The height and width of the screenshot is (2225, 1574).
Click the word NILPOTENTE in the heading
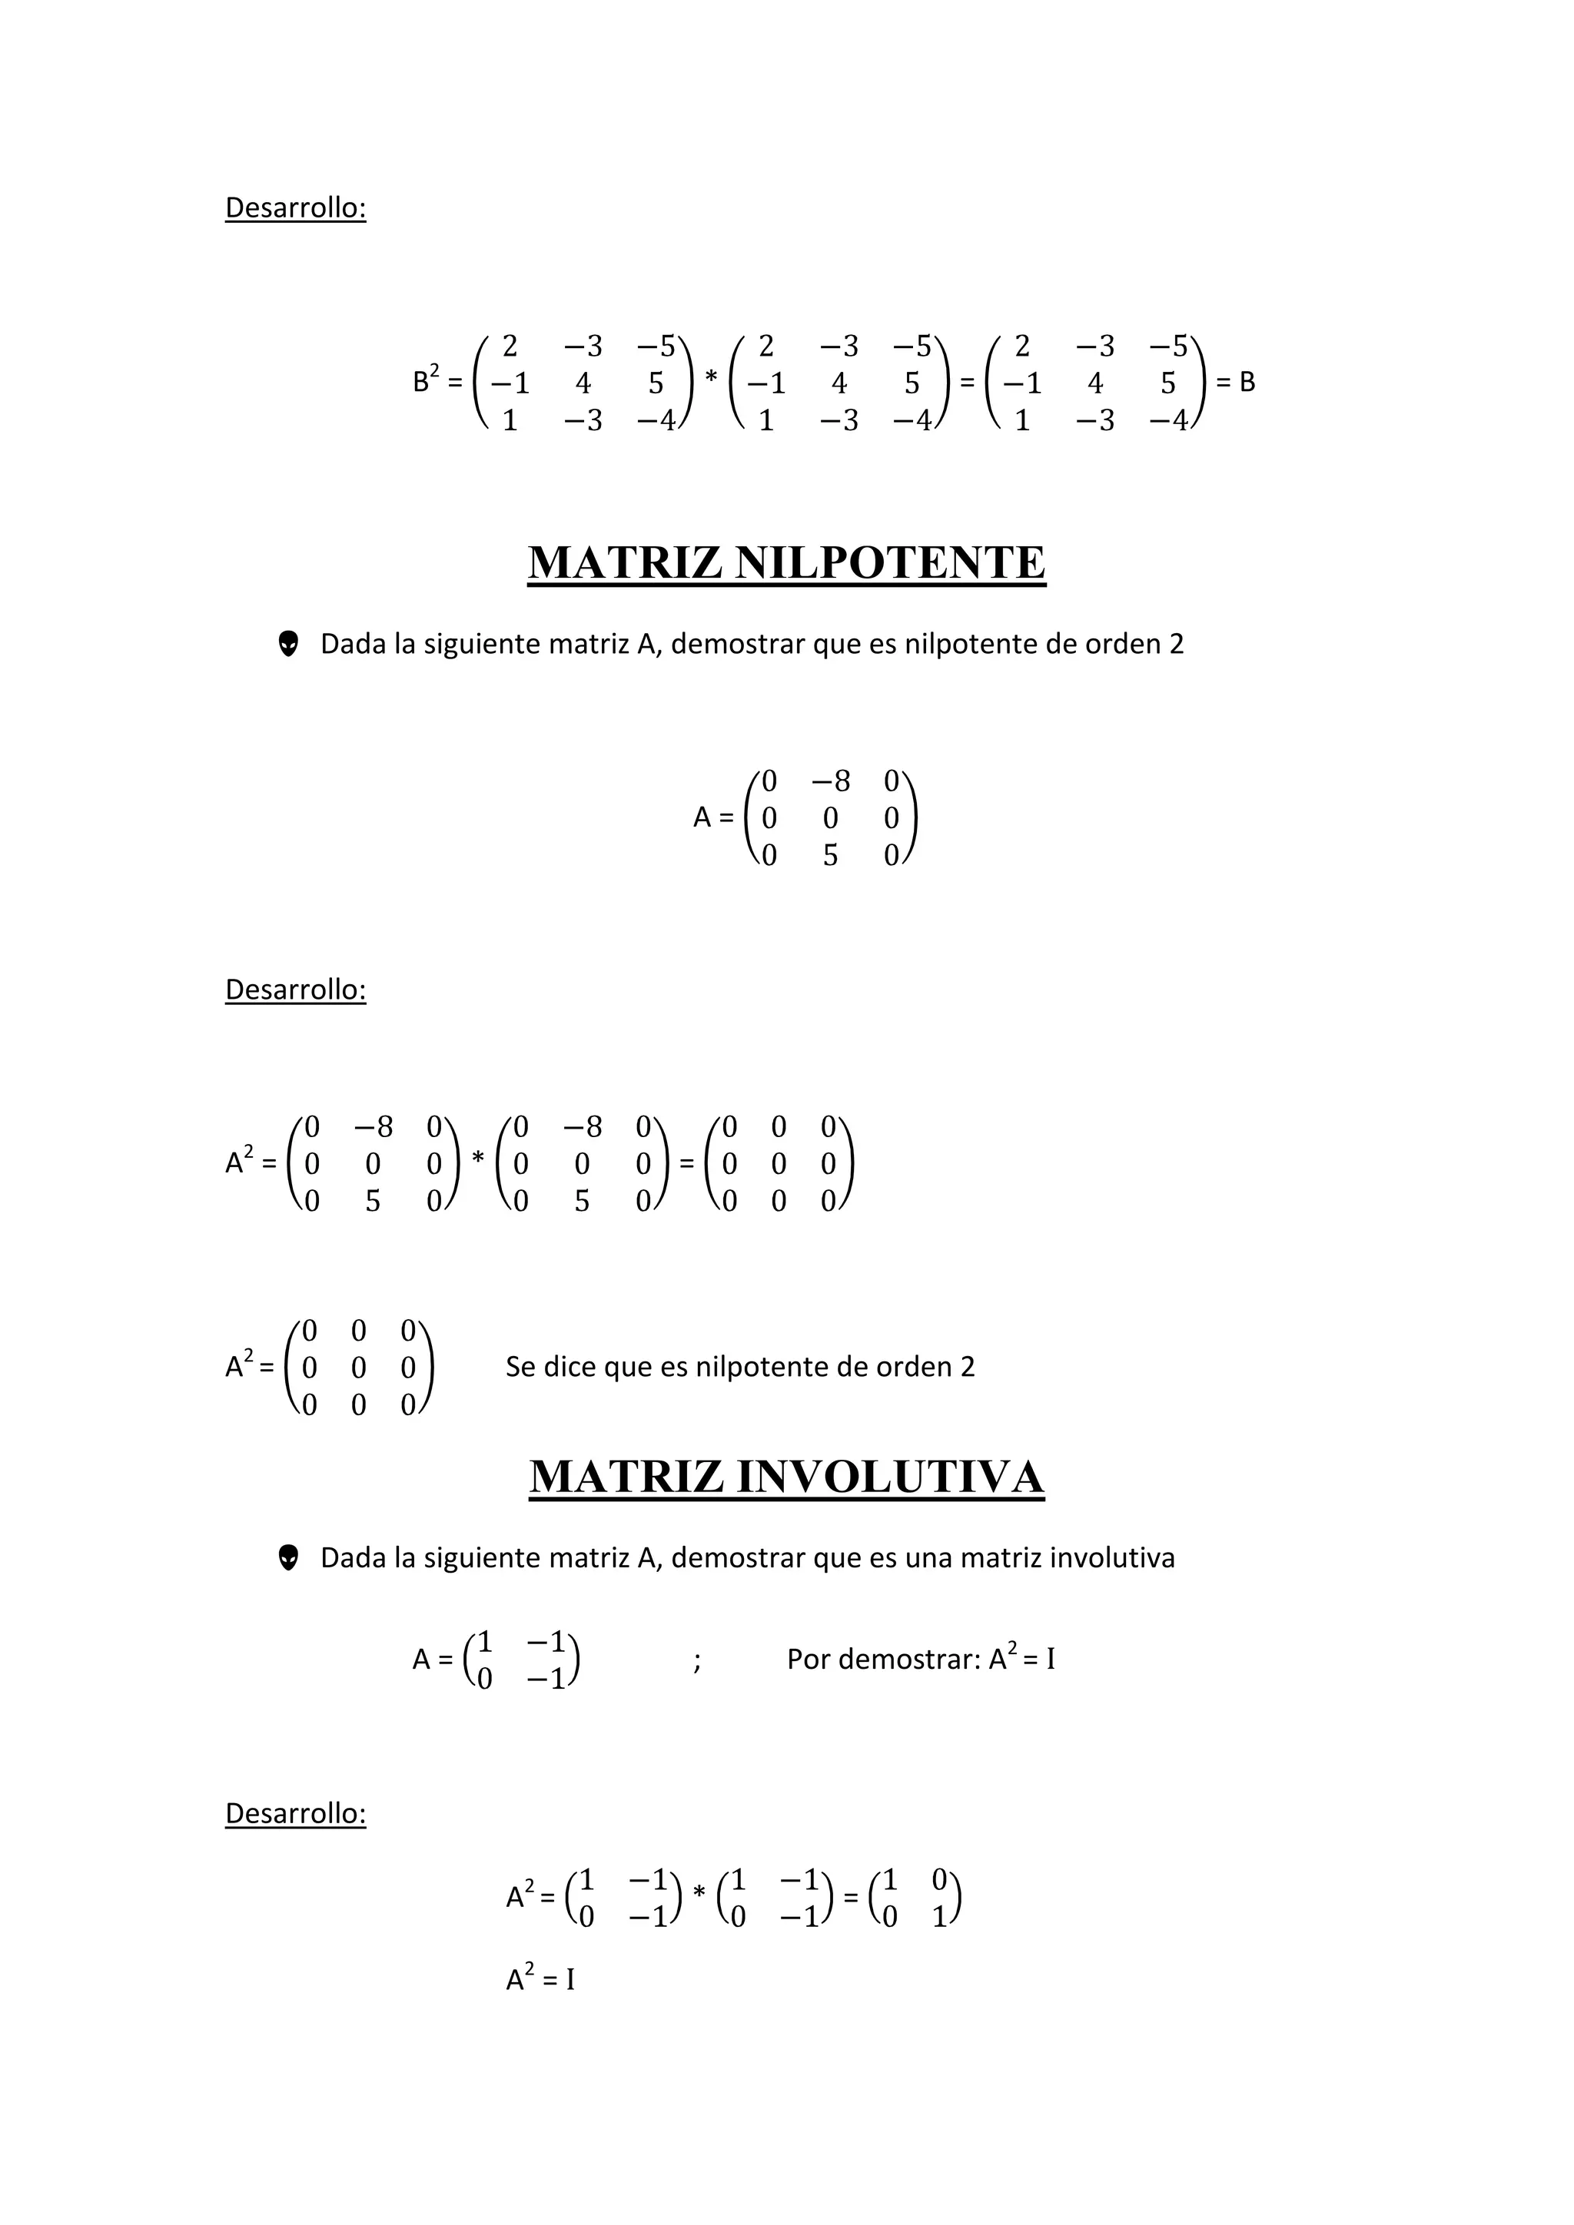890,563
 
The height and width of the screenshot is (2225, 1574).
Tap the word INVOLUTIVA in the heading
890,1477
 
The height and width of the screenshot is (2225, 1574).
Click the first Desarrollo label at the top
296,208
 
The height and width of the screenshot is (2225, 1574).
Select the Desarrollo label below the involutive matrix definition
296,1813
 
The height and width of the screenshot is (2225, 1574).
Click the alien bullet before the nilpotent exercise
288,644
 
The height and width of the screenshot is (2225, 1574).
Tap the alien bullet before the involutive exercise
288,1557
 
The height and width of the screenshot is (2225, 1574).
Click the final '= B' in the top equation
1236,382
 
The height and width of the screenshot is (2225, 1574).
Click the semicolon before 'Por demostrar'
697,1661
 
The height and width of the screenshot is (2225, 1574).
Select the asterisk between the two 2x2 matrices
699,1892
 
